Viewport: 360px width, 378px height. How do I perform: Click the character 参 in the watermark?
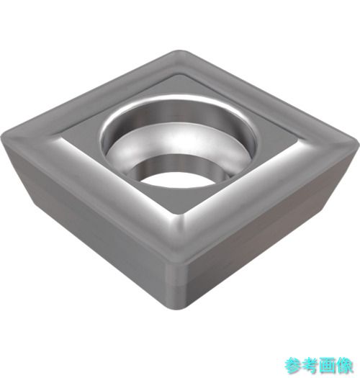point(293,366)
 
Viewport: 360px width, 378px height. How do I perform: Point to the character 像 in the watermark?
point(344,366)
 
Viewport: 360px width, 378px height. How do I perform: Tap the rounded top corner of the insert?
point(179,53)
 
